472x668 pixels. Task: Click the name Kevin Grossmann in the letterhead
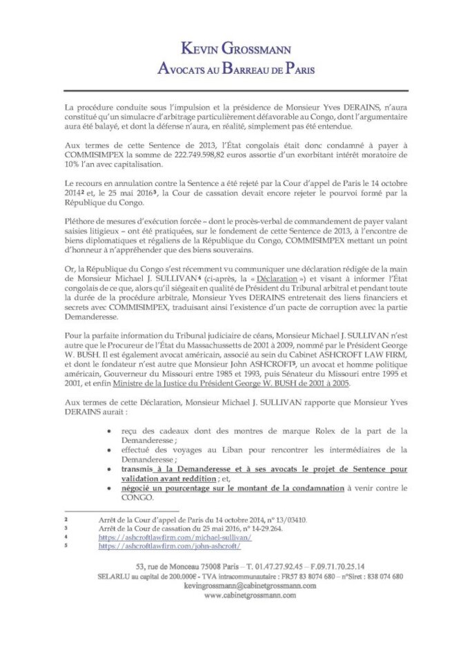[235, 48]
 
